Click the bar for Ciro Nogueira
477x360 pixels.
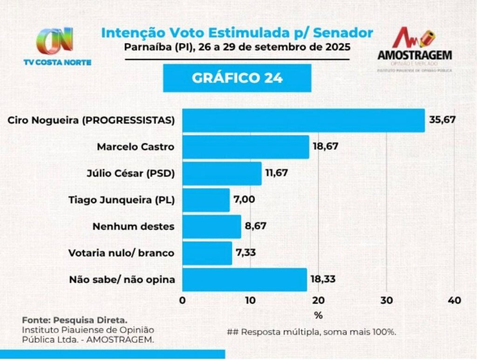tap(303, 121)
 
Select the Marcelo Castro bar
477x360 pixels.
tap(245, 147)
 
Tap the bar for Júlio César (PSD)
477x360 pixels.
tap(222, 174)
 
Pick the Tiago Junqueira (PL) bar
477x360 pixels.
tap(206, 200)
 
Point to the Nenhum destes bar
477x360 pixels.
tap(211, 227)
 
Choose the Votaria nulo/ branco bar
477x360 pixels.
tap(207, 253)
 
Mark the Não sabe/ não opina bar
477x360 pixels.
tap(245, 280)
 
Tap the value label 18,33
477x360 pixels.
tap(323, 279)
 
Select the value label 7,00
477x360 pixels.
tap(245, 200)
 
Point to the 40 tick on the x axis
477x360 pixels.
tap(454, 300)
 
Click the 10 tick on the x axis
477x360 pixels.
tap(250, 300)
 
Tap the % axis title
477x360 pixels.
tap(318, 315)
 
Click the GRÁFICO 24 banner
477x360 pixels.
tap(237, 78)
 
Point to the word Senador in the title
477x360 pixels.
tap(343, 33)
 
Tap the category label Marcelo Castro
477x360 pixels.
tap(136, 147)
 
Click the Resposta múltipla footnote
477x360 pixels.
tap(311, 332)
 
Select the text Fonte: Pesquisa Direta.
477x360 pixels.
tap(74, 320)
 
